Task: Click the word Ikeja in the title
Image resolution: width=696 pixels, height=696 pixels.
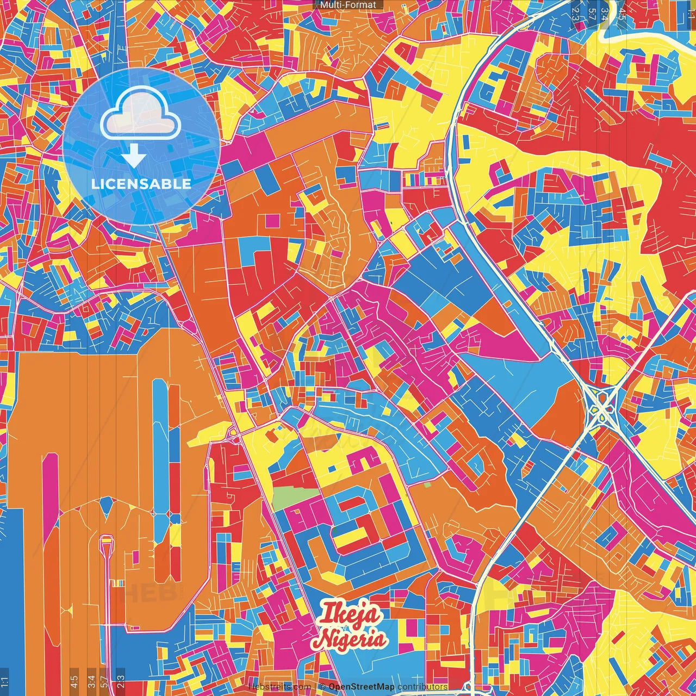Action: pyautogui.click(x=349, y=613)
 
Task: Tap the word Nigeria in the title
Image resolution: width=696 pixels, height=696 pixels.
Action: pyautogui.click(x=351, y=639)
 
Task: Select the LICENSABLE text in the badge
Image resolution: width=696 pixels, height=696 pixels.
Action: pyautogui.click(x=141, y=184)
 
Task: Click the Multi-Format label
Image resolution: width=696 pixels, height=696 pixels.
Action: pyautogui.click(x=348, y=5)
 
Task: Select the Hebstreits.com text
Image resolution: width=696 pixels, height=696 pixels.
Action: pyautogui.click(x=280, y=687)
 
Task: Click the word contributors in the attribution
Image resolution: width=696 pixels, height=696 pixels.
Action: pyautogui.click(x=422, y=687)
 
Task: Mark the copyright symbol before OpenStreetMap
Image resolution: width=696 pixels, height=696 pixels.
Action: pyautogui.click(x=322, y=687)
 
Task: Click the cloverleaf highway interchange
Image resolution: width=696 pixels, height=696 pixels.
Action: pyautogui.click(x=601, y=406)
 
